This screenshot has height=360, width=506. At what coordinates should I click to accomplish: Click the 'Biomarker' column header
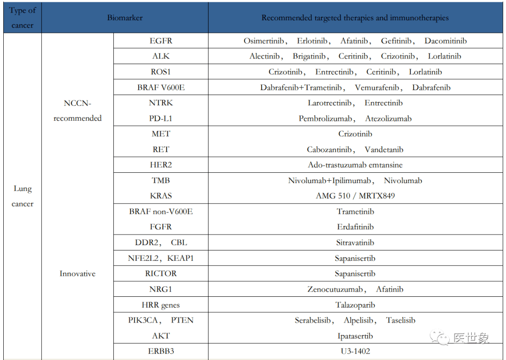[125, 18]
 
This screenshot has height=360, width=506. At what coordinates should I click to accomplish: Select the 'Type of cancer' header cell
[22, 18]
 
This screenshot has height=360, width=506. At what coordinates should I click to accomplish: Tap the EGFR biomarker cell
[161, 41]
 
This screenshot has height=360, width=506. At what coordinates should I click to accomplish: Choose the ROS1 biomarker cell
[161, 72]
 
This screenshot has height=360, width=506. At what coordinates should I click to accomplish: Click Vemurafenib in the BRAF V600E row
[377, 88]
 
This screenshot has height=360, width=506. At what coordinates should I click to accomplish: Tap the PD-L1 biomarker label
[161, 118]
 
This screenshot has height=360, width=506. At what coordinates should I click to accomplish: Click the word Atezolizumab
[388, 118]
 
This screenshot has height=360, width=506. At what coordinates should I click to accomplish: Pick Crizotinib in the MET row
[355, 134]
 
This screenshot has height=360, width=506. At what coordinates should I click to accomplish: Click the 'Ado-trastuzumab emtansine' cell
[355, 165]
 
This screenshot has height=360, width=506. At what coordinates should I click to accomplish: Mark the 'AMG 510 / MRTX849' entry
[355, 196]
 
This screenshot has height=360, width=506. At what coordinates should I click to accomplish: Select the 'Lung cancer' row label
[22, 196]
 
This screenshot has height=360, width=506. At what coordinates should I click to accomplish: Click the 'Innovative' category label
[77, 274]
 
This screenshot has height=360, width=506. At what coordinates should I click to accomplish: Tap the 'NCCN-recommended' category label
[77, 110]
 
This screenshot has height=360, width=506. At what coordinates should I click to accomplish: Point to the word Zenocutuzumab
[335, 289]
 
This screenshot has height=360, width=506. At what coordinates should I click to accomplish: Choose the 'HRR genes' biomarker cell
[161, 305]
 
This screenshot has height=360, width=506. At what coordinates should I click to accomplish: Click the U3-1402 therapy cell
[355, 351]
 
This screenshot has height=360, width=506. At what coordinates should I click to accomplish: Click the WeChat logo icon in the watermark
[440, 338]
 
